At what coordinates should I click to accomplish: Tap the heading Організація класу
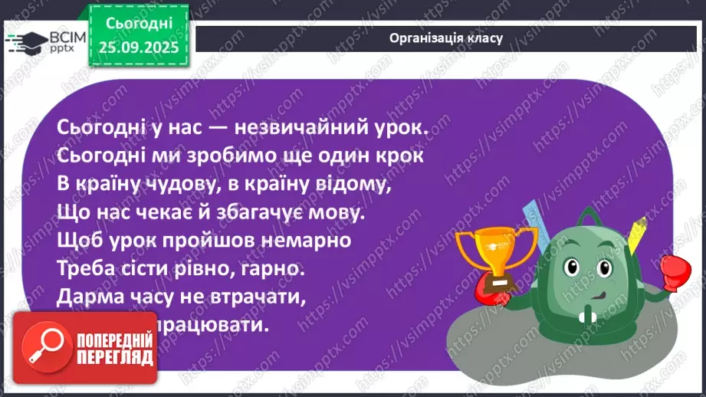pos(445,38)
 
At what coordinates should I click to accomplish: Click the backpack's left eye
pos(572,267)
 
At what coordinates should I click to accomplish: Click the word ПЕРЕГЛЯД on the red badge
pos(115,358)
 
